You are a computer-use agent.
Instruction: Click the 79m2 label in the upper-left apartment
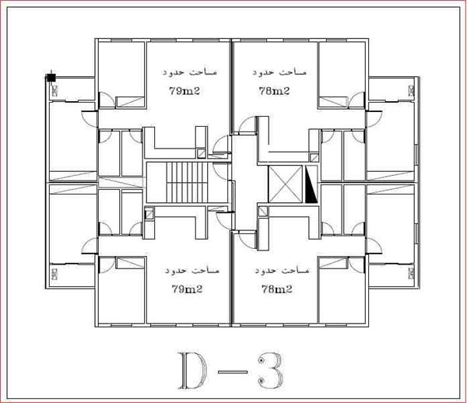tap(184, 91)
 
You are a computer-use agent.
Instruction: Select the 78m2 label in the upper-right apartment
tap(274, 91)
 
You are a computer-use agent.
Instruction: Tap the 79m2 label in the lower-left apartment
tap(187, 289)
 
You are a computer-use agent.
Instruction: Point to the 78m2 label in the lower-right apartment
tap(277, 289)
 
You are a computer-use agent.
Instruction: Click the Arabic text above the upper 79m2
tap(190, 72)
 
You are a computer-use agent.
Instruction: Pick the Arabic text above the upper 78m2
tap(279, 72)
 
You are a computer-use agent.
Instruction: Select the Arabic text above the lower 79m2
tap(192, 270)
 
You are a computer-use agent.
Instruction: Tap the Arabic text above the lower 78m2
tap(282, 270)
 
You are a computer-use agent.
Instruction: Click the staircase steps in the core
tap(186, 183)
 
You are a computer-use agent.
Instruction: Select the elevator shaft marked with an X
tap(286, 184)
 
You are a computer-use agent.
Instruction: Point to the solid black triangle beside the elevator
tap(311, 184)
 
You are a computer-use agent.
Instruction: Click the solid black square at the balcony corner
tap(51, 78)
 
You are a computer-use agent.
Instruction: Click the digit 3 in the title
tap(270, 370)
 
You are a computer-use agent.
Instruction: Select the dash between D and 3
tap(232, 372)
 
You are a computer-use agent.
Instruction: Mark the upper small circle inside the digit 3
tap(262, 361)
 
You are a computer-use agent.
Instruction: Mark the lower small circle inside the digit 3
tap(262, 380)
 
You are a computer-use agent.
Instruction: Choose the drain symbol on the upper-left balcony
tap(54, 90)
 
